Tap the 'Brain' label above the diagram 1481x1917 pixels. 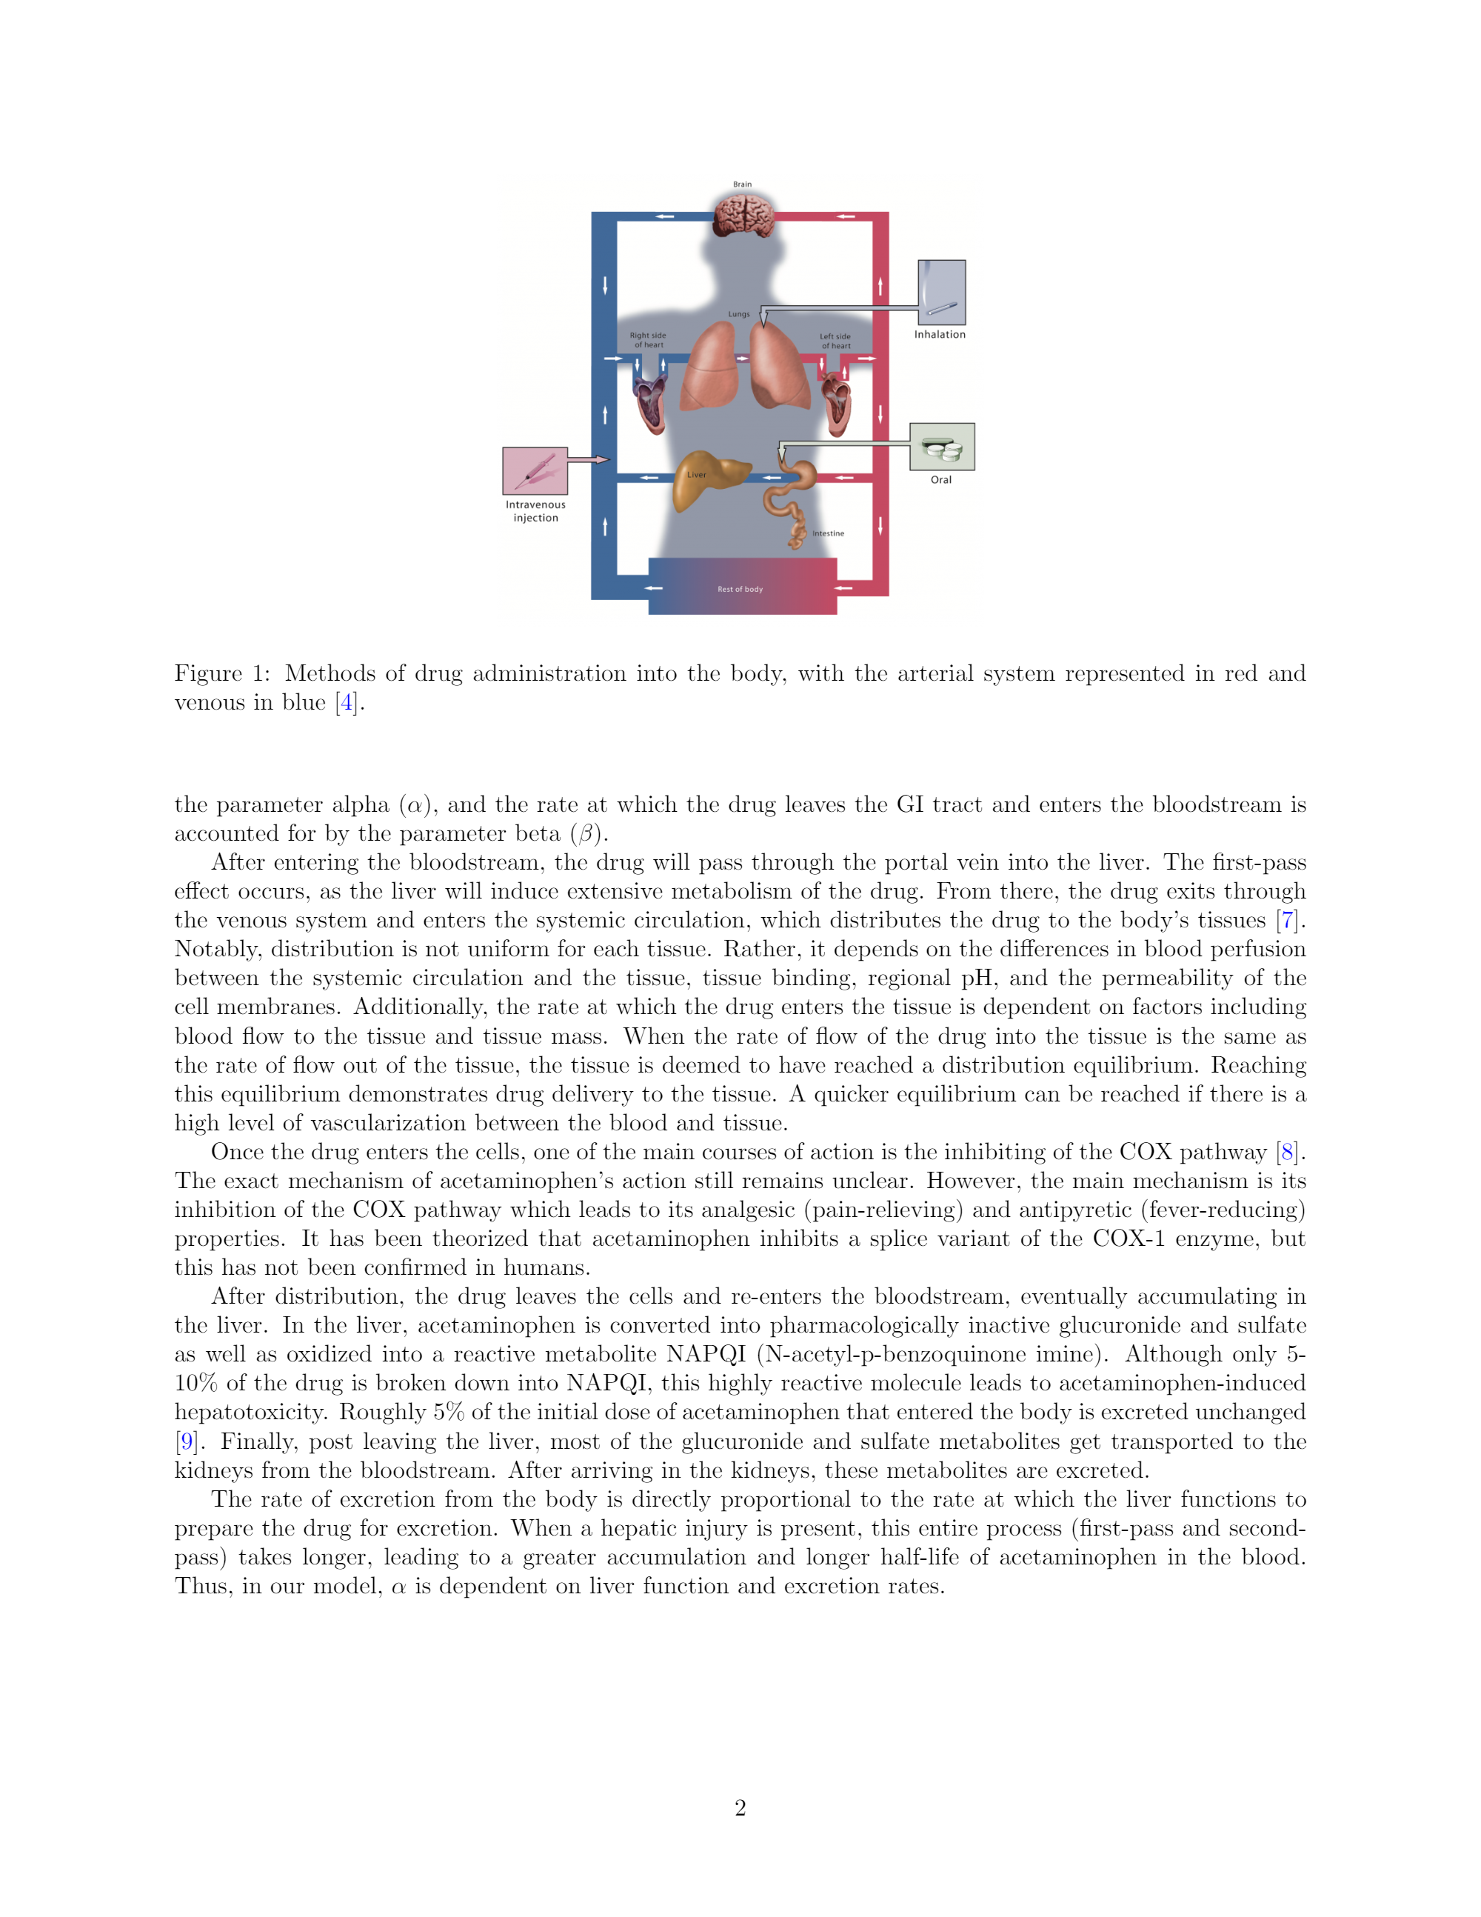(742, 184)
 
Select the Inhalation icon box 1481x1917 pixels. (941, 293)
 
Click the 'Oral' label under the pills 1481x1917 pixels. (940, 480)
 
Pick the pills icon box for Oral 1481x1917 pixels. (941, 447)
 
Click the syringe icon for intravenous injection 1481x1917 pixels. (535, 471)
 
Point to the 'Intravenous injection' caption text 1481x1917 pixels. (535, 511)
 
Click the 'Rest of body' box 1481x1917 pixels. (741, 587)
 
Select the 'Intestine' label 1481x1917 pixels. (827, 533)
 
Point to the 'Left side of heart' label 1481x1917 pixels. (835, 341)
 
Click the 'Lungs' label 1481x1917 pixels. (739, 313)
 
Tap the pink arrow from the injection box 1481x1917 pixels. (588, 459)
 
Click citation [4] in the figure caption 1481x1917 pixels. (347, 703)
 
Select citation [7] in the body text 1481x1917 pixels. (1287, 921)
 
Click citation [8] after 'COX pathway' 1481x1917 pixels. (1287, 1153)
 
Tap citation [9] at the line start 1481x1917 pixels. (185, 1441)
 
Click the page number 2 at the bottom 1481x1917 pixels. (740, 1807)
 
